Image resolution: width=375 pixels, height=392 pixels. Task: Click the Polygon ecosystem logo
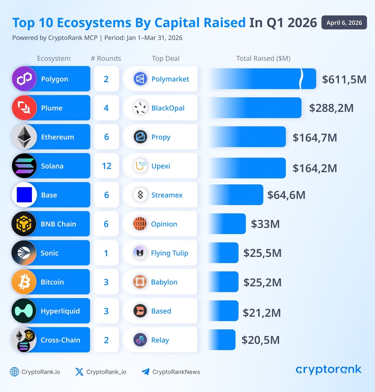(24, 79)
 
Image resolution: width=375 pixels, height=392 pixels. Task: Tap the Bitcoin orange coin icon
(24, 282)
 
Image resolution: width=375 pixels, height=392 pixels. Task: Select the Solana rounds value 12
(106, 166)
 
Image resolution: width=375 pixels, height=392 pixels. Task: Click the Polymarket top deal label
(170, 79)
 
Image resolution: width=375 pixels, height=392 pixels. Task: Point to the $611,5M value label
(344, 79)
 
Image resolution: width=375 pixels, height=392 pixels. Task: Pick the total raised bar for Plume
(255, 108)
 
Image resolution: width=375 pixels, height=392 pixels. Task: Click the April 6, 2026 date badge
(344, 23)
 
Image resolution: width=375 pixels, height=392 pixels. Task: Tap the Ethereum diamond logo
(24, 137)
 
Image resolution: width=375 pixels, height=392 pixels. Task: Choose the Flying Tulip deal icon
(140, 253)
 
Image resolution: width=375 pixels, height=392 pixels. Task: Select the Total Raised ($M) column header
(263, 58)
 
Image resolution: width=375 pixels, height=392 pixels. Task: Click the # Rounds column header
(106, 58)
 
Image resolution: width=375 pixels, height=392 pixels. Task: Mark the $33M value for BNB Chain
(265, 224)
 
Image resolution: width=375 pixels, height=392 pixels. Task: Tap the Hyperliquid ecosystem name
(60, 311)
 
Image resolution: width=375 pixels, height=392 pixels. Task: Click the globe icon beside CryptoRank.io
(14, 372)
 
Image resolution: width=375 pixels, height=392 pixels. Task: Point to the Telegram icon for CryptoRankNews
(145, 372)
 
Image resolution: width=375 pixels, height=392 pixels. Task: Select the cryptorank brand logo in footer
(328, 370)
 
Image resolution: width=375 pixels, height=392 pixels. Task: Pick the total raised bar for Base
(236, 195)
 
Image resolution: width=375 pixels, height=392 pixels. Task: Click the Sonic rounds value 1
(106, 253)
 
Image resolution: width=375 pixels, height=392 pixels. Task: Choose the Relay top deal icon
(140, 340)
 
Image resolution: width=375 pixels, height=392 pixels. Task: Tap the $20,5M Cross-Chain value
(261, 340)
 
